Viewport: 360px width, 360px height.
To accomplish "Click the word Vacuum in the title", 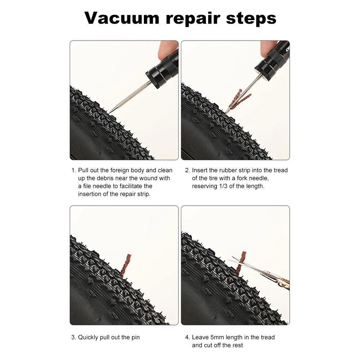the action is tap(122, 18).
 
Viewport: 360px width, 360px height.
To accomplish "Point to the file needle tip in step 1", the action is tap(109, 113).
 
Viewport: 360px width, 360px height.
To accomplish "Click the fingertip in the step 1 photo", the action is tap(167, 49).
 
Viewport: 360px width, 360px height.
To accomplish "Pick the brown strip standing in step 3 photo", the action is tap(126, 266).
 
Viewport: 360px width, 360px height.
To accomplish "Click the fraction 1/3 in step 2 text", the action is tap(223, 186).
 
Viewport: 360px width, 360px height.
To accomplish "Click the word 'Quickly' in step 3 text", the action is tap(88, 337).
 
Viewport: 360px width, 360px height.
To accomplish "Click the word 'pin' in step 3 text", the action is tap(135, 338).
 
